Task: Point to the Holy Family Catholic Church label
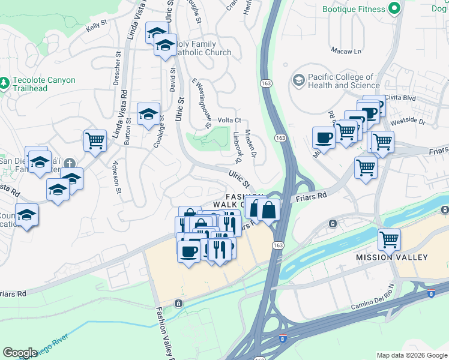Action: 200,48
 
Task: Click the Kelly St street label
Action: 97,26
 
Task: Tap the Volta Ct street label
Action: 229,120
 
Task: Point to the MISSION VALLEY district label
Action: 392,257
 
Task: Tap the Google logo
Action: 20,353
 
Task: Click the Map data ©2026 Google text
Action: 411,355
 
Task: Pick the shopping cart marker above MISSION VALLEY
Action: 389,239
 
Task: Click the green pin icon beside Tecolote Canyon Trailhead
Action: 5,81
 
